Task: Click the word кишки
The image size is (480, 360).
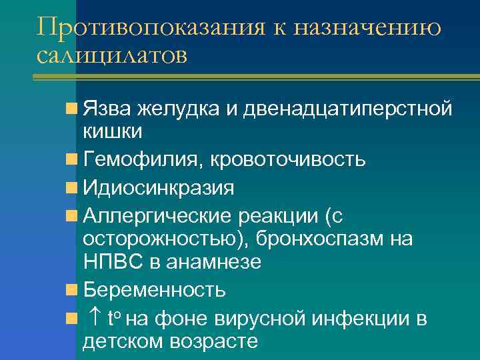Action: pos(112,131)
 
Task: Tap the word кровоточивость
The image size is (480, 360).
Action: pos(288,160)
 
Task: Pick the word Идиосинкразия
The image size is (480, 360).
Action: pos(159,188)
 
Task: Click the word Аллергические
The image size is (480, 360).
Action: pos(155,216)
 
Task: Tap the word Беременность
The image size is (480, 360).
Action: pos(154,291)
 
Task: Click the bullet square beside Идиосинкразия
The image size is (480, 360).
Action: pos(71,188)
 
